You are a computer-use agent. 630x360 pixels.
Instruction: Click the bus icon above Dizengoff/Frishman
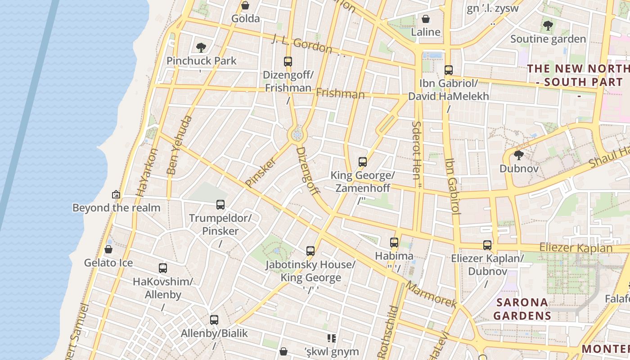pyautogui.click(x=288, y=62)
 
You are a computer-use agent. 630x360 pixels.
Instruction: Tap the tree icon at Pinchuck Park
pyautogui.click(x=201, y=47)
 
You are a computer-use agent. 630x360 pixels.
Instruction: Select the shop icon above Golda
pyautogui.click(x=245, y=5)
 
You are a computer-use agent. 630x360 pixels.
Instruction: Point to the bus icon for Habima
pyautogui.click(x=394, y=243)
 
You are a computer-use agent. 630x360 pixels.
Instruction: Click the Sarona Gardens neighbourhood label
pyautogui.click(x=522, y=309)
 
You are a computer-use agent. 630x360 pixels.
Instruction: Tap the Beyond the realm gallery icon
pyautogui.click(x=116, y=194)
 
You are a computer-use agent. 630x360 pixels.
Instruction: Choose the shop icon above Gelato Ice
pyautogui.click(x=108, y=249)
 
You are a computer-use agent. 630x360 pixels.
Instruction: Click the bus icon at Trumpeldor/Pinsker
pyautogui.click(x=220, y=205)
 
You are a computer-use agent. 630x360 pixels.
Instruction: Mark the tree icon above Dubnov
pyautogui.click(x=518, y=155)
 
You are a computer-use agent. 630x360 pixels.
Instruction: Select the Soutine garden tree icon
pyautogui.click(x=548, y=26)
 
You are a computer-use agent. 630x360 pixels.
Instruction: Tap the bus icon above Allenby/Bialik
pyautogui.click(x=214, y=320)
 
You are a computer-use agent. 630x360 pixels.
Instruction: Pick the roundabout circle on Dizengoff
pyautogui.click(x=297, y=135)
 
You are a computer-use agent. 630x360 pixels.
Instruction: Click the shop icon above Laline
pyautogui.click(x=425, y=19)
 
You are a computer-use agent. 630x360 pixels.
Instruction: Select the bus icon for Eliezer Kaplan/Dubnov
pyautogui.click(x=487, y=245)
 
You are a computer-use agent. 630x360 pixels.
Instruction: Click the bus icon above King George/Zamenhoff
pyautogui.click(x=363, y=162)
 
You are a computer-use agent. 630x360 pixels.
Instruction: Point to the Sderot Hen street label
pyautogui.click(x=416, y=150)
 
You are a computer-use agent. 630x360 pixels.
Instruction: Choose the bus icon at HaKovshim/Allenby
pyautogui.click(x=163, y=268)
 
